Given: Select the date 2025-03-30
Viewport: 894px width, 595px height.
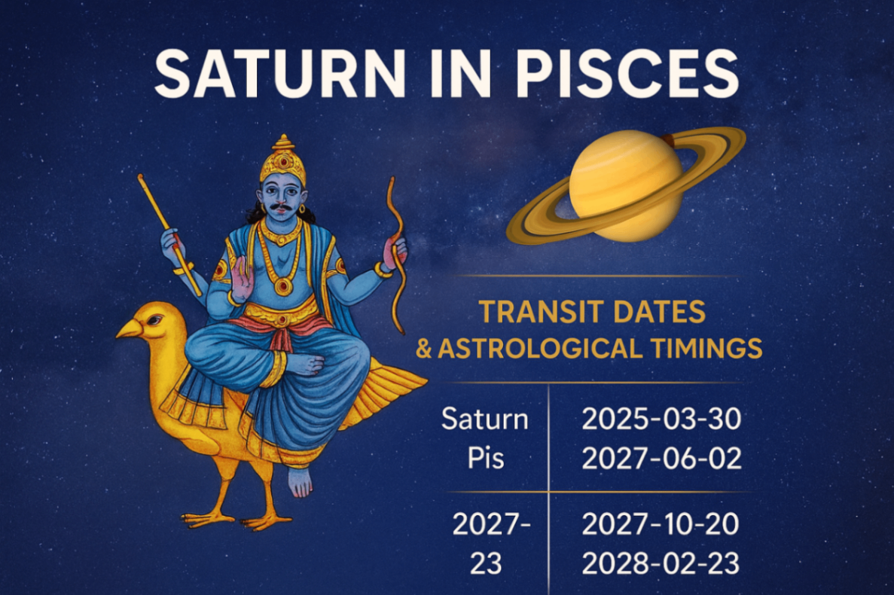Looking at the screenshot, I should click(661, 420).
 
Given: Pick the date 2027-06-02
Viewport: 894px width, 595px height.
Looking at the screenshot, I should click(661, 459).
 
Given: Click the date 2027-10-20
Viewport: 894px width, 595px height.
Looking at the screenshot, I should click(661, 525).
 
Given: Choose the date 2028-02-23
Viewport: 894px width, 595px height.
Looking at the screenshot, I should click(661, 564).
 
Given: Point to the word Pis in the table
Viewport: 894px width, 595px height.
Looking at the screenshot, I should click(485, 459).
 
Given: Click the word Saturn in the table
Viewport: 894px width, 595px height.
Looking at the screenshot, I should click(485, 420).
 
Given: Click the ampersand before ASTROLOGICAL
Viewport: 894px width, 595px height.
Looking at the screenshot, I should click(424, 349).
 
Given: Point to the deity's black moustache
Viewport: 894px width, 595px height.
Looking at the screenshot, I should click(281, 206).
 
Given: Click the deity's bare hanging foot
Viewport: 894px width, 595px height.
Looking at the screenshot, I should click(300, 481).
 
